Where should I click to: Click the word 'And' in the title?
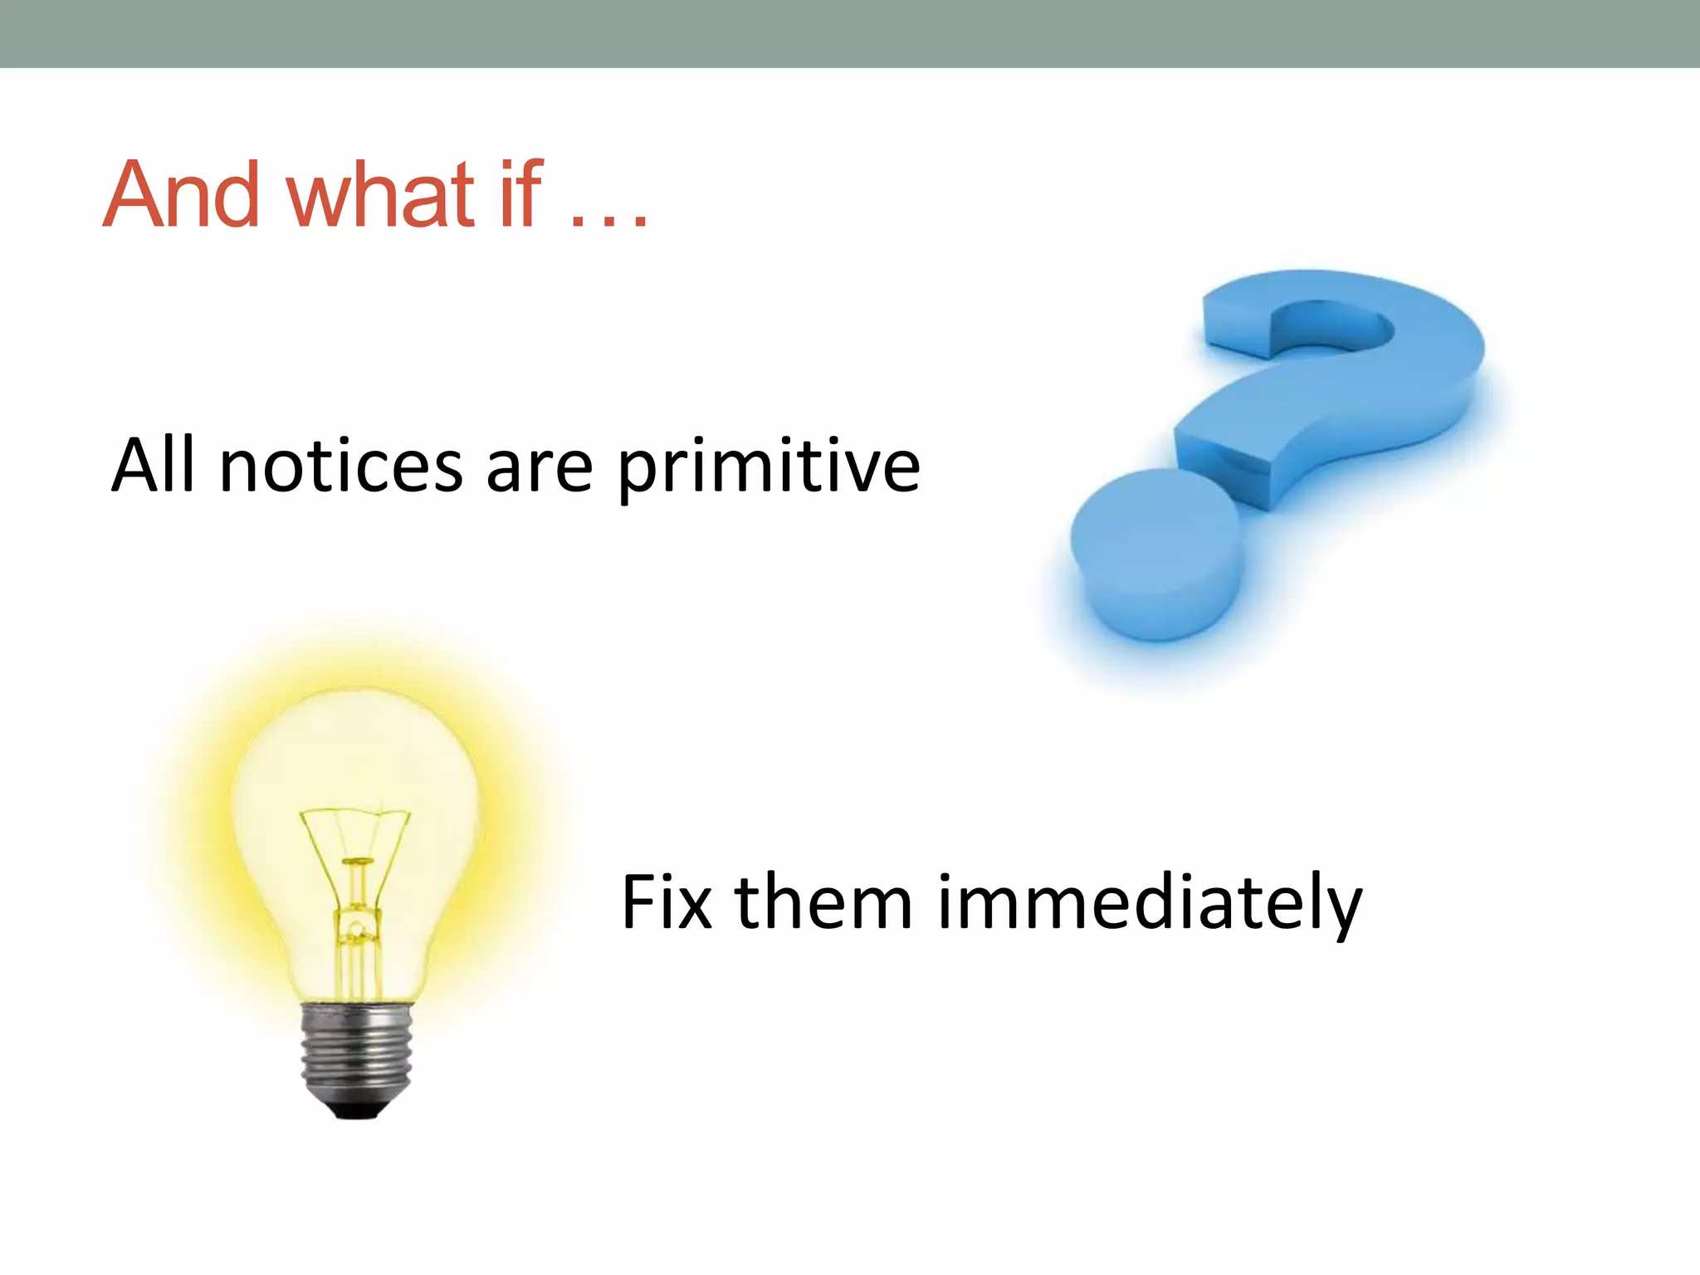pyautogui.click(x=181, y=195)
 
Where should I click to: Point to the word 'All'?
pyautogui.click(x=154, y=466)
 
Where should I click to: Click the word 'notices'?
pyautogui.click(x=341, y=467)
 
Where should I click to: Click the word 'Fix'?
pyautogui.click(x=667, y=902)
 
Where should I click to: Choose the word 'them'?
pyautogui.click(x=823, y=902)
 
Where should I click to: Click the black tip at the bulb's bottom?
pyautogui.click(x=356, y=1111)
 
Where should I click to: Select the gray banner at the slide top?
pyautogui.click(x=850, y=33)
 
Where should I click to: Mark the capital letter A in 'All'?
pyautogui.click(x=135, y=466)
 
